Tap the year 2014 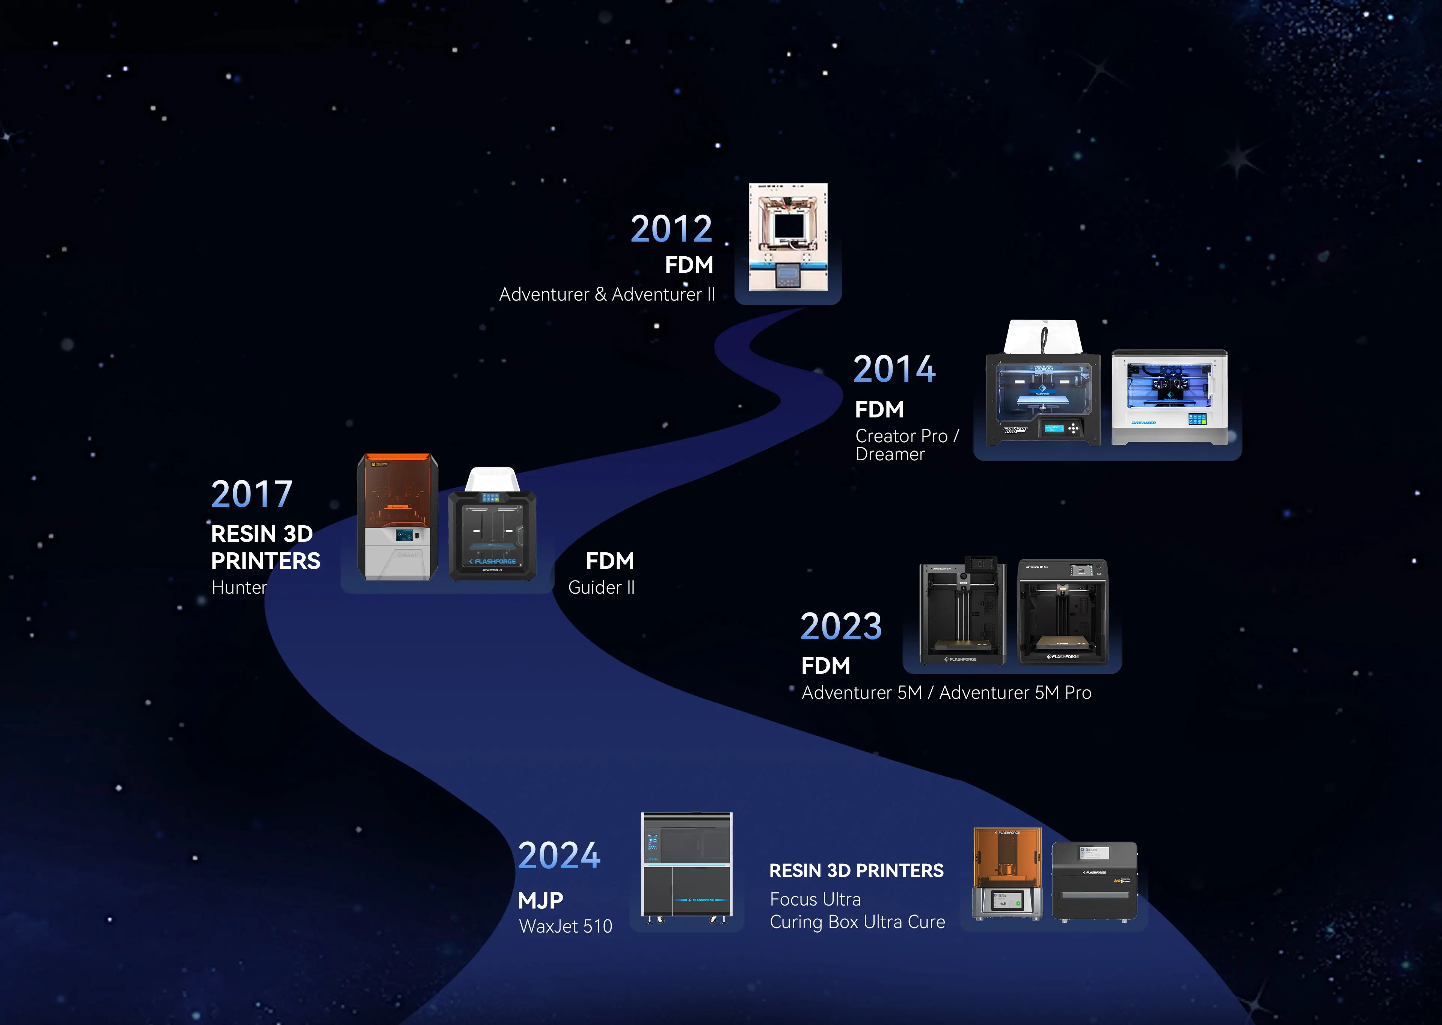(x=894, y=369)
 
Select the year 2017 (x=252, y=494)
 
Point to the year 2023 (x=841, y=626)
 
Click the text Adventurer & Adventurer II (x=607, y=294)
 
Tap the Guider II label (x=601, y=588)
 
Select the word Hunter (x=239, y=588)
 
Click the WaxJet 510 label (x=565, y=926)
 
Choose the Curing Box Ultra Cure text (x=857, y=922)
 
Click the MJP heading (x=541, y=900)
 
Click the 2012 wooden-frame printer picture (x=788, y=237)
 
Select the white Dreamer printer (x=1169, y=398)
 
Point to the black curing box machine (x=1094, y=881)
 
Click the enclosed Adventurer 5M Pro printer (x=1062, y=612)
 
